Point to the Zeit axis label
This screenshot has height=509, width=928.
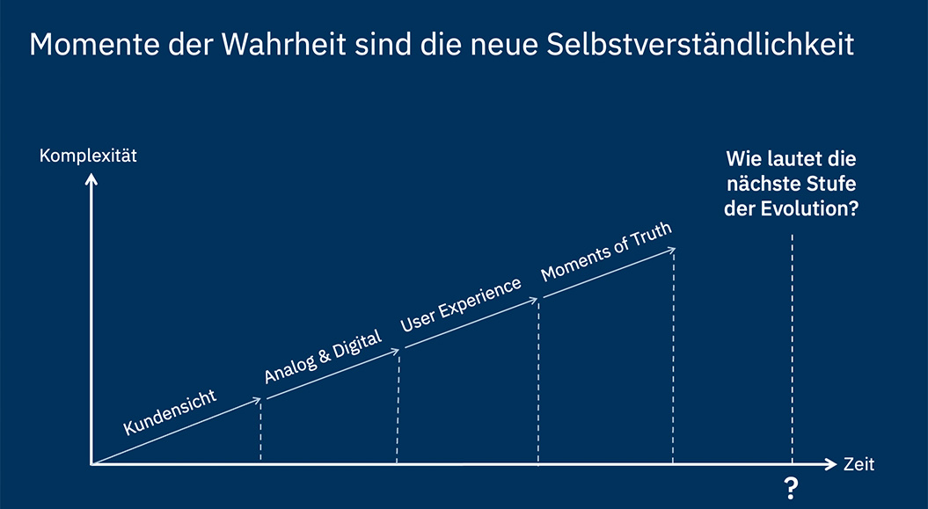[859, 464]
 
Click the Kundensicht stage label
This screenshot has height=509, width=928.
[182, 412]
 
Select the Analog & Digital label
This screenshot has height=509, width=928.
[323, 358]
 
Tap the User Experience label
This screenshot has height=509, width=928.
[461, 304]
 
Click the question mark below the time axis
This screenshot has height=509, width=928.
[792, 487]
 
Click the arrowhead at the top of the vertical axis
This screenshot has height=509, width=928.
[91, 179]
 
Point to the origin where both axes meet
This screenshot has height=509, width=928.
[91, 463]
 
